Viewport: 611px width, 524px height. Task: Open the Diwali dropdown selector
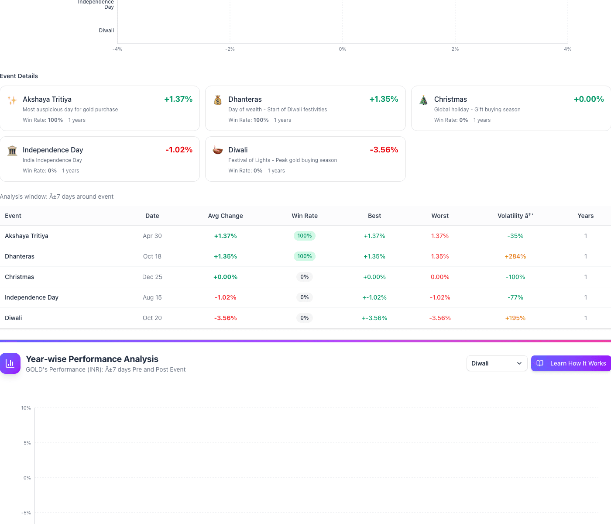(x=497, y=363)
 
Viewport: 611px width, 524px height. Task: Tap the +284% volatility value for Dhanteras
(x=515, y=256)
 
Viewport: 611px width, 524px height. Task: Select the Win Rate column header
(x=305, y=216)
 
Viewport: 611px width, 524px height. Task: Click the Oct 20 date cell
(x=152, y=318)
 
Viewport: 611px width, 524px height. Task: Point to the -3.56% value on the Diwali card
(x=384, y=150)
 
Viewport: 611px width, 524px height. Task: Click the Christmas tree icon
(x=423, y=100)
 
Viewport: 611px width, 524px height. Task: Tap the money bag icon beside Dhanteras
(x=218, y=100)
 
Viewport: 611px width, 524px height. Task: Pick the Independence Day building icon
(x=12, y=151)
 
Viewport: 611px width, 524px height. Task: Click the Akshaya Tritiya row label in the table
(x=27, y=236)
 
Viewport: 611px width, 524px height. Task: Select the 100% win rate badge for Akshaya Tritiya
(x=305, y=236)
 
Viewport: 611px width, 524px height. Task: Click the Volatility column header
(x=515, y=216)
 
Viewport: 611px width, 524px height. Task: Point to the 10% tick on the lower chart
(x=26, y=408)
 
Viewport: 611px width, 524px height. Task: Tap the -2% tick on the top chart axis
(x=230, y=49)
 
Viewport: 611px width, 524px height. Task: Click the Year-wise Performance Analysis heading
(x=92, y=359)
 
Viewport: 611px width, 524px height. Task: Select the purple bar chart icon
(x=10, y=363)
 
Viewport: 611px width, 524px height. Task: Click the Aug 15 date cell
(x=152, y=297)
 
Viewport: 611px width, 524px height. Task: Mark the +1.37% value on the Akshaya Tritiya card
(x=178, y=99)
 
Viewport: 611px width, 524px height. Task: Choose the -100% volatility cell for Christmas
(x=515, y=277)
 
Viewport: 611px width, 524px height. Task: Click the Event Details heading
(x=19, y=76)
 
